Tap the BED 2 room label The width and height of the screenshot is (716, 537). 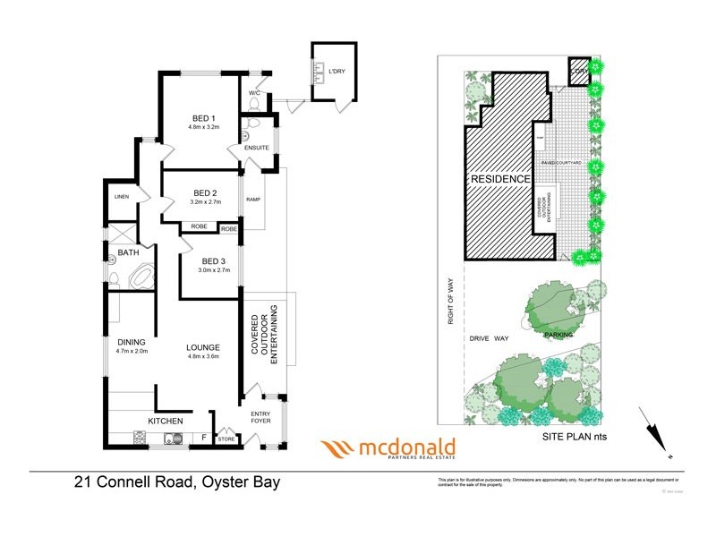click(x=206, y=193)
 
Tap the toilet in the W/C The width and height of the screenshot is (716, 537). click(x=253, y=104)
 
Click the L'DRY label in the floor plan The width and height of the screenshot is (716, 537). click(x=337, y=71)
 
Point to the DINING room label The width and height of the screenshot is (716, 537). click(x=132, y=342)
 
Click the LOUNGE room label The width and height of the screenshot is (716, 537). click(x=203, y=347)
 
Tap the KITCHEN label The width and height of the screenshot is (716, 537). click(x=166, y=421)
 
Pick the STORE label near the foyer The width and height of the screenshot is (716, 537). click(x=227, y=439)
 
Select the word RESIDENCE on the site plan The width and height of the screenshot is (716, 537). click(x=500, y=179)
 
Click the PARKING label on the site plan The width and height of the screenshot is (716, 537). click(x=558, y=334)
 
